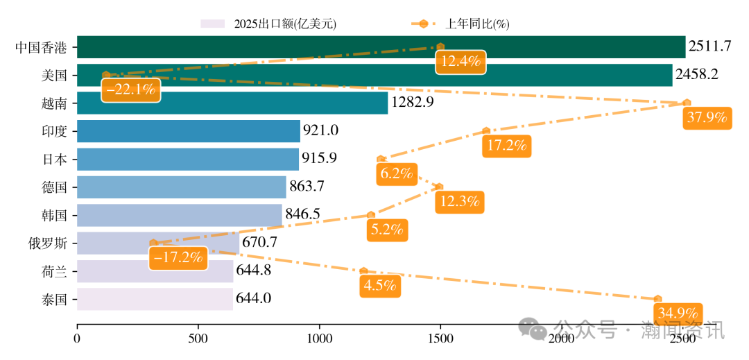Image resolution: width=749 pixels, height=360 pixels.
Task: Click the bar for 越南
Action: pos(232,103)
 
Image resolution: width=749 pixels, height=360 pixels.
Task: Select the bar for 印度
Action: pos(188,131)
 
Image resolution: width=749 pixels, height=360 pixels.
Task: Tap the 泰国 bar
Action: pos(155,299)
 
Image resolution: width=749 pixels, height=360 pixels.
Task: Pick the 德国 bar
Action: pos(181,187)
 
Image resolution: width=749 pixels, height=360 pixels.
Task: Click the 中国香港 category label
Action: pos(41,48)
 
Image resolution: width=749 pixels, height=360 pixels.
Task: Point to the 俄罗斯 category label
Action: pos(47,243)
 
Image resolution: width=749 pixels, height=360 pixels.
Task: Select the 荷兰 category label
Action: pos(54,271)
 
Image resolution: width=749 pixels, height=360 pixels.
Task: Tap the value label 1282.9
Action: pos(412,103)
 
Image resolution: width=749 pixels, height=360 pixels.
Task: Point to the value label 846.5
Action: pos(302,214)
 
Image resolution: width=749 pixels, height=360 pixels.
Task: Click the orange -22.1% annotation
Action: pos(130,89)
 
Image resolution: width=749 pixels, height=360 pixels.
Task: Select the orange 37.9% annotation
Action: pos(707,118)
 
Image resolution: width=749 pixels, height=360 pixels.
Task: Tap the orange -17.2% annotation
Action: pos(178,258)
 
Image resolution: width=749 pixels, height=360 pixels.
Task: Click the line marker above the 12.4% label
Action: pos(440,46)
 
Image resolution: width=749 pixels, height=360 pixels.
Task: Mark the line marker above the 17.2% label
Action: pos(486,130)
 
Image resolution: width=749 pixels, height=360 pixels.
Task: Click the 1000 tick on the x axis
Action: pos(320,338)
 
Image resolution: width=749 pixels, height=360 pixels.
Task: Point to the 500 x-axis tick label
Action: pos(198,338)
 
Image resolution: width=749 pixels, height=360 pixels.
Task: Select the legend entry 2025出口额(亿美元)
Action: pos(268,24)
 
